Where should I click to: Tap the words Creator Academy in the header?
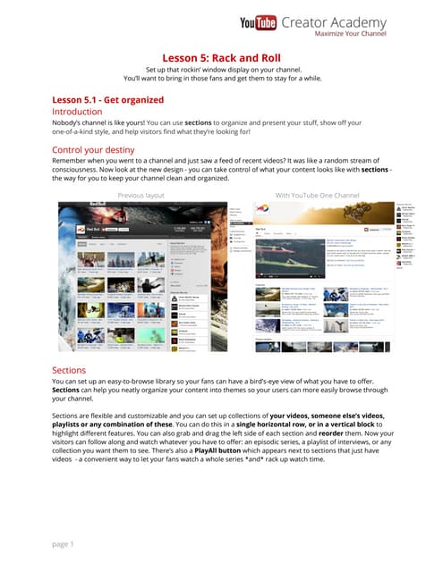point(333,22)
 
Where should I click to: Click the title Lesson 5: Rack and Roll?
point(221,58)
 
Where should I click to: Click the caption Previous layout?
point(141,194)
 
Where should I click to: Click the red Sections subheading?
point(70,369)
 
